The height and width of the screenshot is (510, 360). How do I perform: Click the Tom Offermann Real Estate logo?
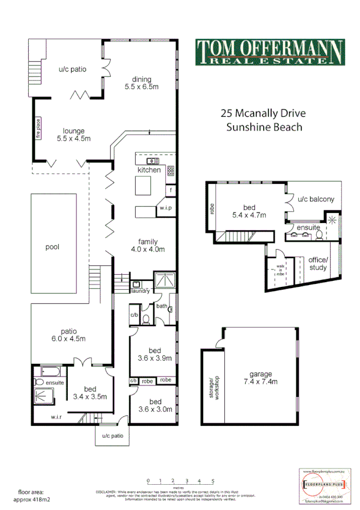coord(270,52)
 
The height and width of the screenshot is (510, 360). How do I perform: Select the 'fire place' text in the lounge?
coord(37,130)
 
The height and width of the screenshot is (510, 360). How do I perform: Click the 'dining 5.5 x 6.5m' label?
coord(141,83)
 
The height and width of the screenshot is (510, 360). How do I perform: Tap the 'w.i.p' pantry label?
coord(165,208)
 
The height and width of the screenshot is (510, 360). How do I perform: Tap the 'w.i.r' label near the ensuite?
coord(58,417)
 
